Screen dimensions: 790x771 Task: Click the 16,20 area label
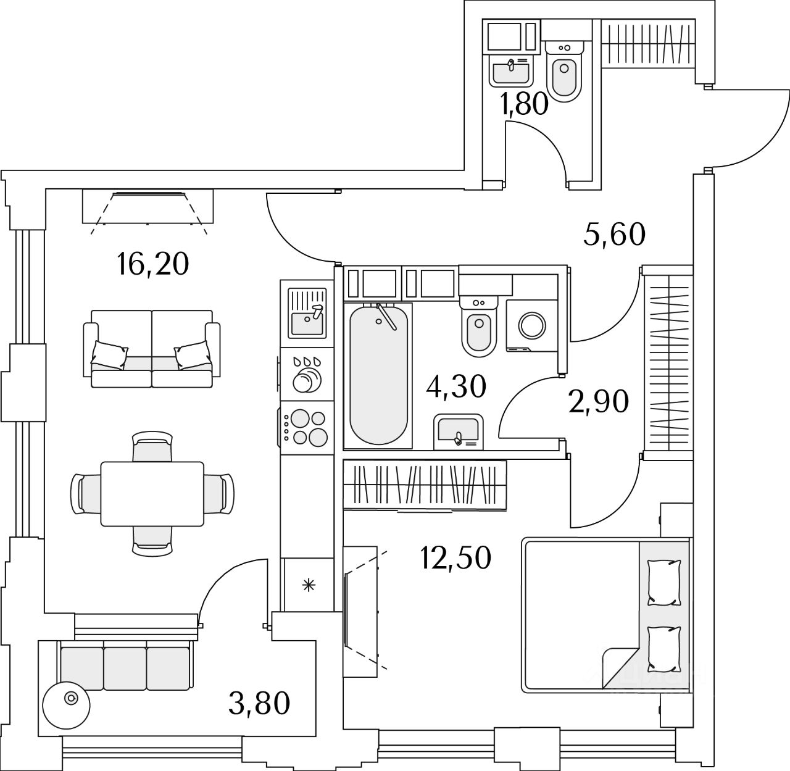point(152,264)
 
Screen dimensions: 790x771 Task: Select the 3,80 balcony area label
point(259,704)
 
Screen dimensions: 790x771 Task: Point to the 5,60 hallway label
point(614,235)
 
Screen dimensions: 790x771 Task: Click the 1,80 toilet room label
point(525,104)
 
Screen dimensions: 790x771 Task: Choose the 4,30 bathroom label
point(456,386)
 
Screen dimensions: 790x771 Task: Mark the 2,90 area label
point(599,401)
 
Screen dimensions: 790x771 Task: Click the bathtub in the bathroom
point(378,375)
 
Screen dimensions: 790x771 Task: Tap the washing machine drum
point(532,325)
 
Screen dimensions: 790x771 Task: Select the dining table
point(152,494)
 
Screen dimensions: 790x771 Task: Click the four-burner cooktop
point(307,427)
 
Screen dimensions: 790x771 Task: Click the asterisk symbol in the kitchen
point(309,585)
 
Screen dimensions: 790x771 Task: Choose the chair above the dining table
point(152,446)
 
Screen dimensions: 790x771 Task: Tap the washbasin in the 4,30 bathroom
point(459,431)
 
